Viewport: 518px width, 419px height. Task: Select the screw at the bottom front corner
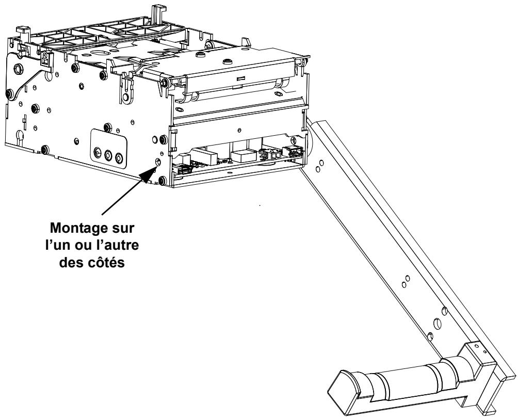pyautogui.click(x=163, y=180)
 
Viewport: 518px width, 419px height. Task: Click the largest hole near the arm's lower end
pyautogui.click(x=438, y=323)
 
